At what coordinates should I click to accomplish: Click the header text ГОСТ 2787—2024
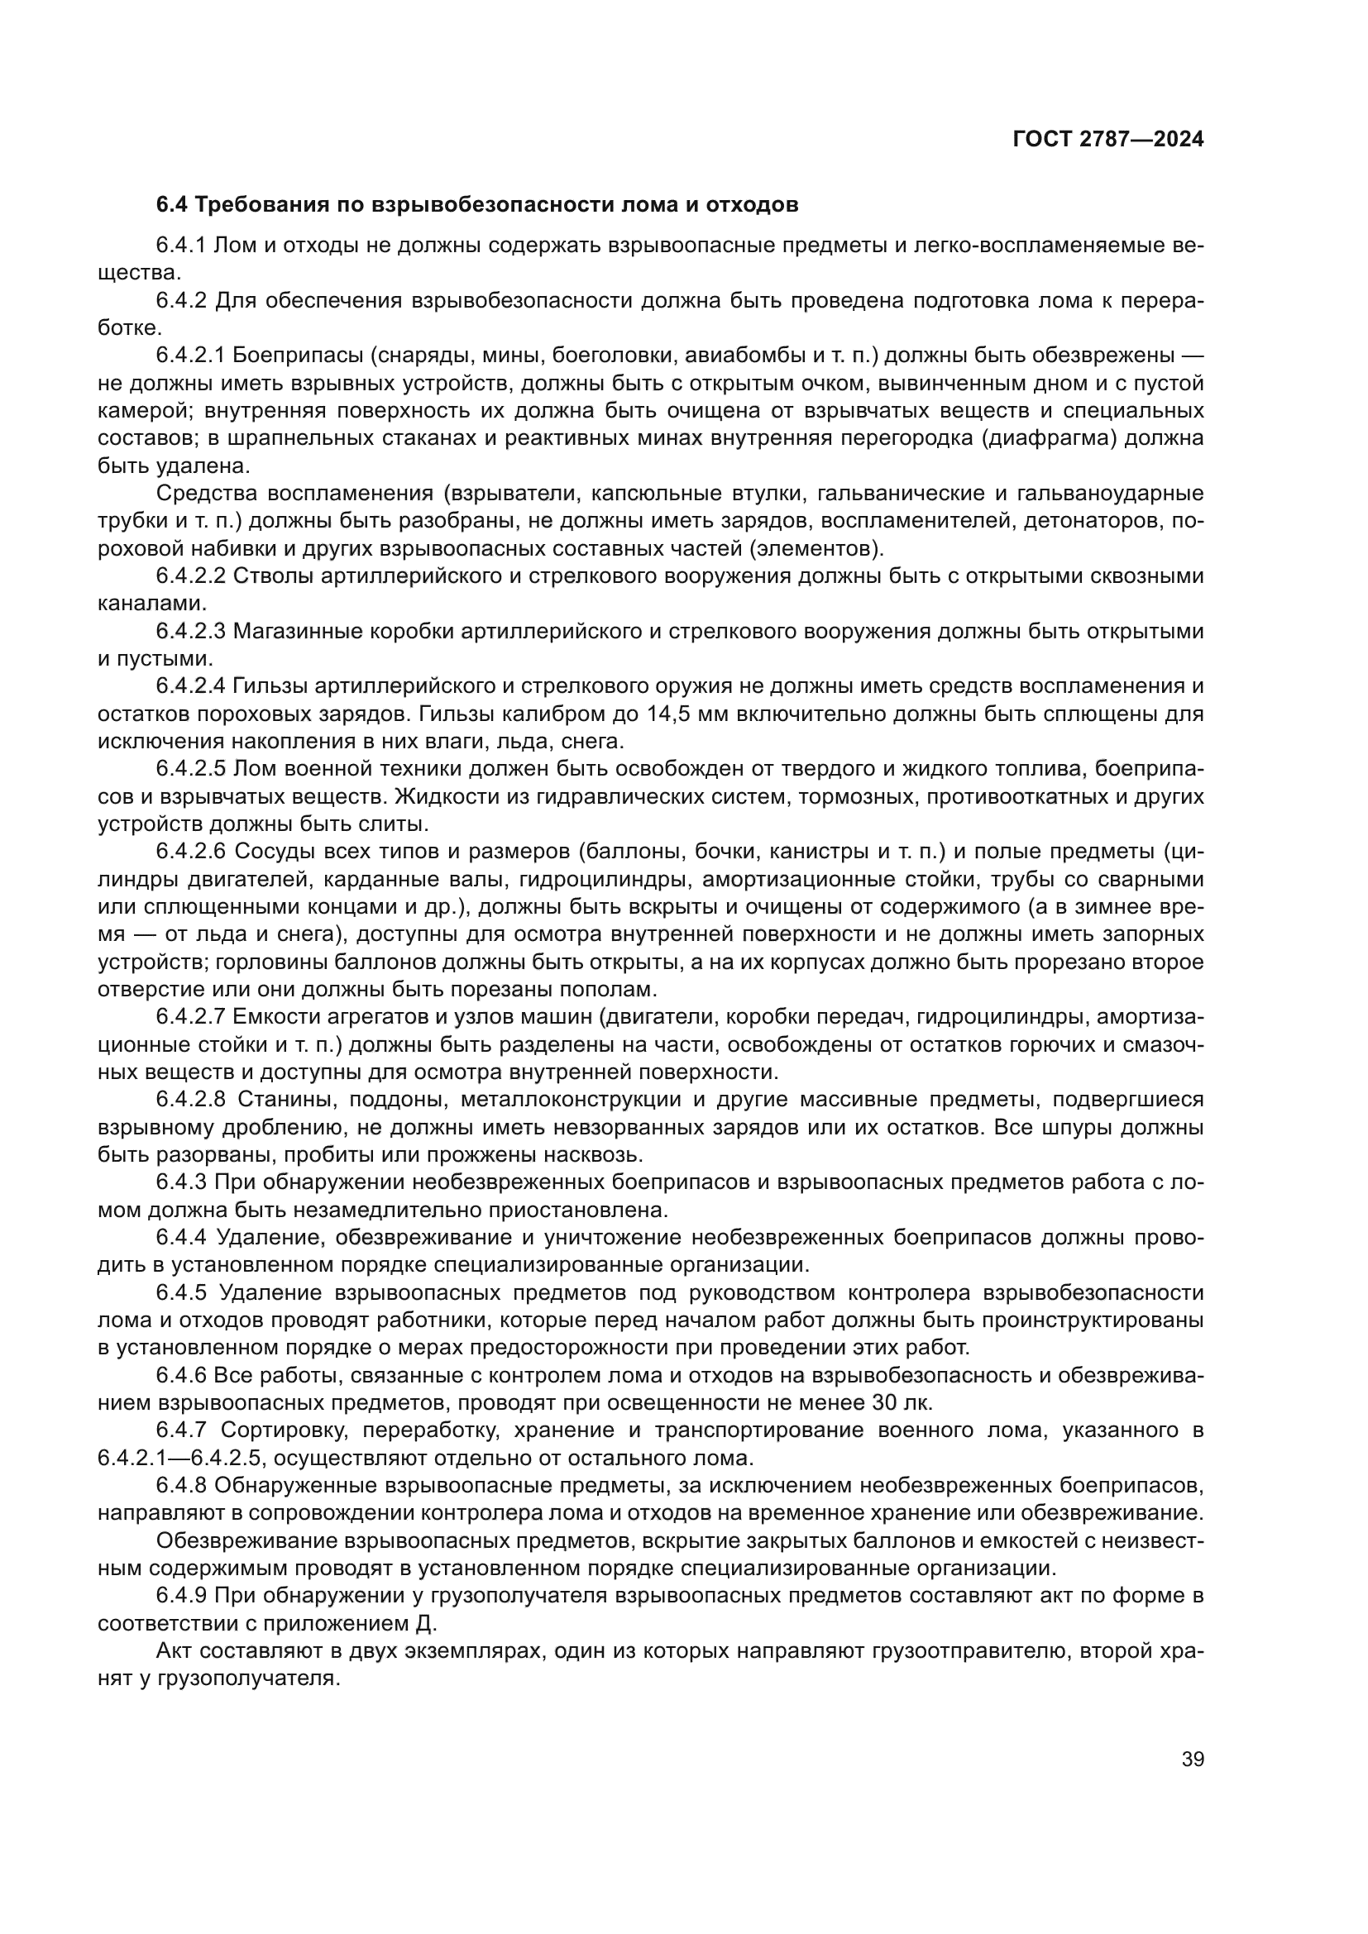click(x=1107, y=140)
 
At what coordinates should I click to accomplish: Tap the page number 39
click(x=1192, y=1759)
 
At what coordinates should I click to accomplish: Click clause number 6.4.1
click(x=180, y=245)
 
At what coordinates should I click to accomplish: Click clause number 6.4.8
click(x=180, y=1485)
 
